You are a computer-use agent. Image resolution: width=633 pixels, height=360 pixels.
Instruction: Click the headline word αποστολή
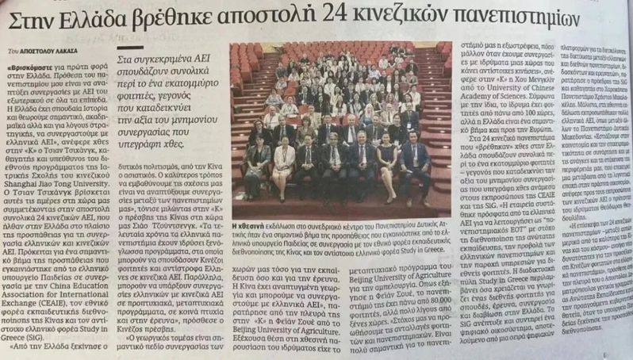[x=328, y=18]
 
